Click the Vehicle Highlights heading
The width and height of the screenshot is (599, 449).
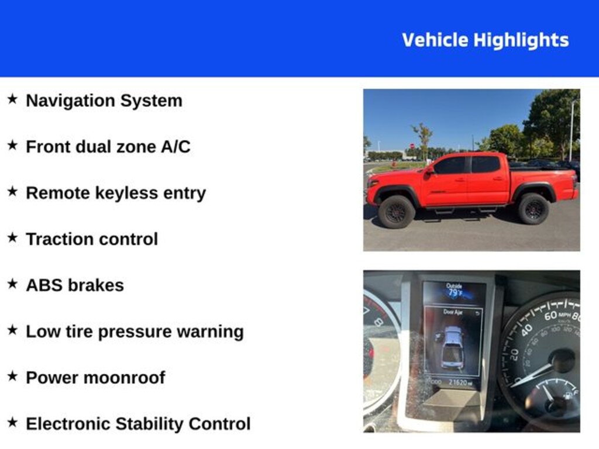click(x=485, y=40)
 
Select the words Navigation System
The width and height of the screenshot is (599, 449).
click(x=104, y=101)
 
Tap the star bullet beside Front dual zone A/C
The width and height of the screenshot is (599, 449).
click(x=13, y=146)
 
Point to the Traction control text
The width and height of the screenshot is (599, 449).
click(x=92, y=239)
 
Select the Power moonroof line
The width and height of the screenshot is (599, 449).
click(x=95, y=378)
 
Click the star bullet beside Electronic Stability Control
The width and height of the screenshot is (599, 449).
click(x=13, y=423)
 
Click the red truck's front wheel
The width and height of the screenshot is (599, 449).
click(x=396, y=212)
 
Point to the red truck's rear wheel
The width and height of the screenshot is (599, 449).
click(x=533, y=209)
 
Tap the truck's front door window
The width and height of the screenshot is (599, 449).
click(x=452, y=165)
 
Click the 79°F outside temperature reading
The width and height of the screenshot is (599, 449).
click(x=455, y=292)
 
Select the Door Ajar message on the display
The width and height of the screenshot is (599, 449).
click(x=453, y=312)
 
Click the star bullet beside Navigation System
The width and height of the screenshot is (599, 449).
click(x=13, y=99)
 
